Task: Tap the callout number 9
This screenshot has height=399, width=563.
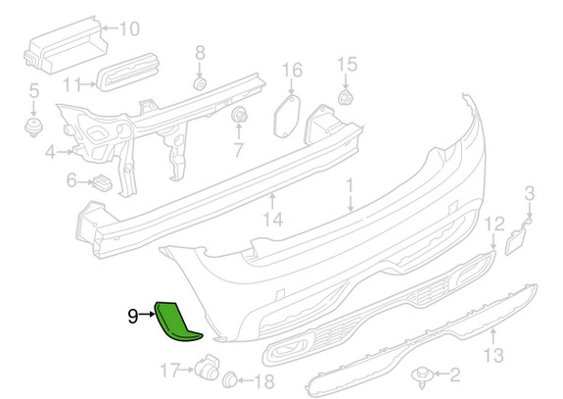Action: pyautogui.click(x=133, y=317)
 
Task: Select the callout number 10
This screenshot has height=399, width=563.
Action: pyautogui.click(x=129, y=28)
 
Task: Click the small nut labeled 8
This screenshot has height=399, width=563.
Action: pyautogui.click(x=200, y=83)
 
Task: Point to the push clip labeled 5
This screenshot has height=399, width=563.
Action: pyautogui.click(x=33, y=127)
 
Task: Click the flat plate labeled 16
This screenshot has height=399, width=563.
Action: pyautogui.click(x=287, y=116)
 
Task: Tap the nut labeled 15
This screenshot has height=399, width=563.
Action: pyautogui.click(x=346, y=97)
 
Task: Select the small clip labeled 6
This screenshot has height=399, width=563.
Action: pyautogui.click(x=103, y=182)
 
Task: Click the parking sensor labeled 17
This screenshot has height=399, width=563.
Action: pyautogui.click(x=208, y=367)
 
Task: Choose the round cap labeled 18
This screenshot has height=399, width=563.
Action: pyautogui.click(x=230, y=379)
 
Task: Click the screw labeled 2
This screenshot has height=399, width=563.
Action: pyautogui.click(x=422, y=376)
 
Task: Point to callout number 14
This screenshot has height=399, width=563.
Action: pyautogui.click(x=273, y=220)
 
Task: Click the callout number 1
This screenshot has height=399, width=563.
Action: pyautogui.click(x=350, y=186)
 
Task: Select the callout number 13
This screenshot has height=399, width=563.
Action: pyautogui.click(x=493, y=354)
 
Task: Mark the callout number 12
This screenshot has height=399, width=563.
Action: pyautogui.click(x=494, y=224)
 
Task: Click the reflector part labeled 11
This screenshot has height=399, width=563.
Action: pyautogui.click(x=128, y=72)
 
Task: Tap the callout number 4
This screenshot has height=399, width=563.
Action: pyautogui.click(x=50, y=152)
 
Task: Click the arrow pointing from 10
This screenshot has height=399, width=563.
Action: pyautogui.click(x=110, y=27)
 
